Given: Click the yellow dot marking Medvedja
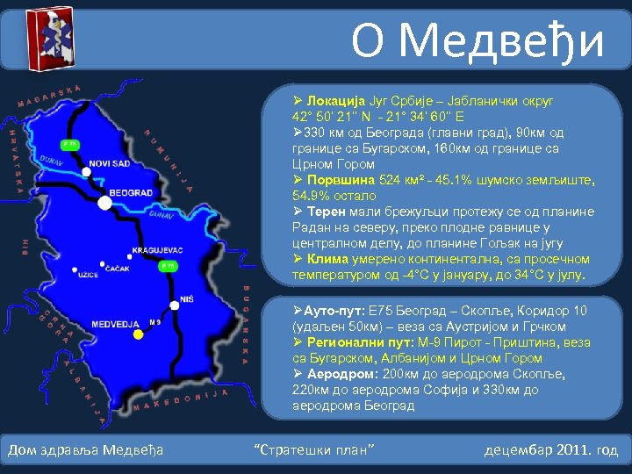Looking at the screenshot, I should (138, 334).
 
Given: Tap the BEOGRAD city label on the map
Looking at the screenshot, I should (131, 192).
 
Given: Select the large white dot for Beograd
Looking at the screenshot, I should (105, 204).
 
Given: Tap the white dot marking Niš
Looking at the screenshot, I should (175, 305).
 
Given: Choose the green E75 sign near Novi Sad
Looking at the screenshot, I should (68, 143).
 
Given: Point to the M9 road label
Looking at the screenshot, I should (155, 322).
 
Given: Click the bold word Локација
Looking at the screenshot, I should (334, 101).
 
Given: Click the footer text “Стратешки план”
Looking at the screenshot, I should (313, 450).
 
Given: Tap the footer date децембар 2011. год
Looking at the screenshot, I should (550, 450).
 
